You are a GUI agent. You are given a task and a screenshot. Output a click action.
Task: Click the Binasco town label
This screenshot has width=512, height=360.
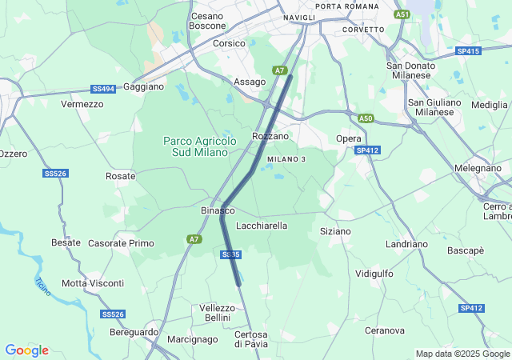point(217,210)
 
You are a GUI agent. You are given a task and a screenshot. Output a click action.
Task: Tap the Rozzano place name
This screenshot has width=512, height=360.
point(270,137)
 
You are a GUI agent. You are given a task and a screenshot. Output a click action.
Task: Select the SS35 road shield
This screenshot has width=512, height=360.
point(230,254)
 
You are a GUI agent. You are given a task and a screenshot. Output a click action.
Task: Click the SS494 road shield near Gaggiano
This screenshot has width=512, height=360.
point(103,89)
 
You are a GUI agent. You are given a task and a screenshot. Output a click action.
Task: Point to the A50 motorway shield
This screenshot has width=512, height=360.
point(366,118)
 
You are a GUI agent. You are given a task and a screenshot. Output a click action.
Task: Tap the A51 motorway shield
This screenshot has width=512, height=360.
point(402,14)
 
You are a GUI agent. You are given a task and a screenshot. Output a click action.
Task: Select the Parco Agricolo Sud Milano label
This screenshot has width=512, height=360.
point(200,146)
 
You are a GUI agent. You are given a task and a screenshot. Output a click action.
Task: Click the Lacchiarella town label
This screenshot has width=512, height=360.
point(262,226)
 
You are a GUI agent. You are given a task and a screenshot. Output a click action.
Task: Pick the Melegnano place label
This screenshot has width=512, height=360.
point(478,169)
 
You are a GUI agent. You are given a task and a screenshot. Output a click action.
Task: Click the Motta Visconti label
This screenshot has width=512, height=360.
point(93,283)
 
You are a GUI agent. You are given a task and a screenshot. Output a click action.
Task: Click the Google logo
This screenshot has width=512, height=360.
point(26,350)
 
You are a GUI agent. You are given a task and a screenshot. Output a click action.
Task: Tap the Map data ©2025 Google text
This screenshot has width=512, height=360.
point(462,354)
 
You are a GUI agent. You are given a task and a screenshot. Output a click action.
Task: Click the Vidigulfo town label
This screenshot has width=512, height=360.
point(374,274)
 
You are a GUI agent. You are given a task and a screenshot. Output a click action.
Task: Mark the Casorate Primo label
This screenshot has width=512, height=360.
point(121,243)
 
